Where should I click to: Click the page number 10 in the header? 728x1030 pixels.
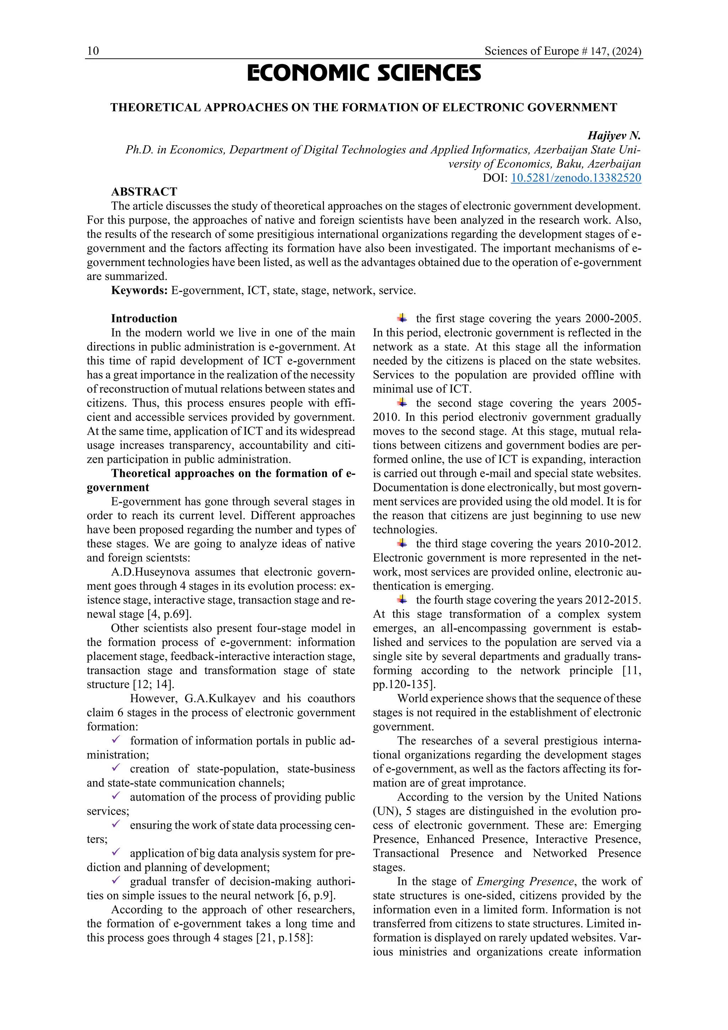click(93, 51)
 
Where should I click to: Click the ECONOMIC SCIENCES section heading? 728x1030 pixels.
click(364, 74)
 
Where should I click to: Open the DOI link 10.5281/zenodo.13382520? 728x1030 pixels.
click(576, 178)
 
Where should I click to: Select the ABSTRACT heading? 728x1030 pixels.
click(144, 192)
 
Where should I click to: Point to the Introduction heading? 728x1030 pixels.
click(144, 319)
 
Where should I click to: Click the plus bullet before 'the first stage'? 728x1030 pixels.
click(402, 319)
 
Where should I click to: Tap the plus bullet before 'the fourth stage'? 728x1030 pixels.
click(402, 600)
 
